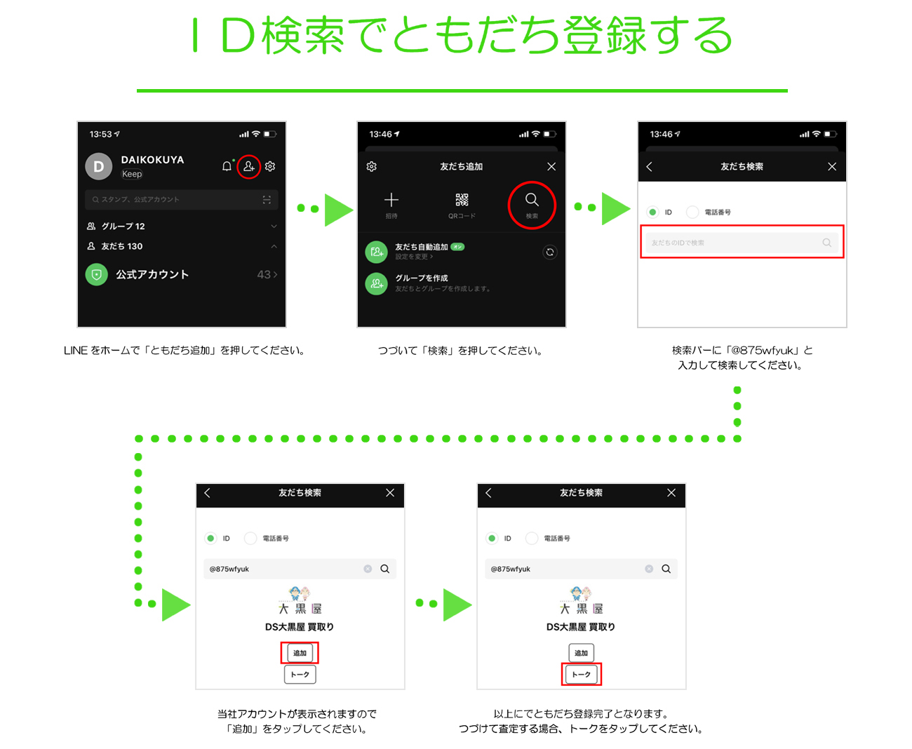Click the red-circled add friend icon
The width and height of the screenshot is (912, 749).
(x=248, y=166)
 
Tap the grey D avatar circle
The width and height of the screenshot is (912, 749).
(x=99, y=167)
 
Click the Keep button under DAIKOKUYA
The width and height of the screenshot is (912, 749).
(x=132, y=174)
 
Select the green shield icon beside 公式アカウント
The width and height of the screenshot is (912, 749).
(x=97, y=274)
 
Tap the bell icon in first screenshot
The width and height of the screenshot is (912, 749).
(x=227, y=166)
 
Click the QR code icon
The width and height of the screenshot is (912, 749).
(x=462, y=200)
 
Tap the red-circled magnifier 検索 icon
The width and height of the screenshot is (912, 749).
(x=532, y=204)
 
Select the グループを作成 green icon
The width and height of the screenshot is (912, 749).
(x=377, y=283)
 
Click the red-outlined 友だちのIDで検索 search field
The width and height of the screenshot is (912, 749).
(x=742, y=242)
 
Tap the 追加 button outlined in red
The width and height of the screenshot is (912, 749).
(x=300, y=653)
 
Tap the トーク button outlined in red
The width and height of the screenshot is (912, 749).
(x=582, y=674)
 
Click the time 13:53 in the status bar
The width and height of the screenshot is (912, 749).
(x=101, y=134)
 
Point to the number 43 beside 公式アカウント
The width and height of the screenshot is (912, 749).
(x=264, y=274)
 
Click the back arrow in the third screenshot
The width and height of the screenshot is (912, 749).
(x=650, y=167)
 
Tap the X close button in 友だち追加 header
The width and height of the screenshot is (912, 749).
(x=551, y=167)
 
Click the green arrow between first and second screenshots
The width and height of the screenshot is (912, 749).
(x=338, y=209)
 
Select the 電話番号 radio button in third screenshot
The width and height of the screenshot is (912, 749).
(x=692, y=212)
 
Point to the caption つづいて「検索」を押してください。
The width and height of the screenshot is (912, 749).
(x=461, y=351)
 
